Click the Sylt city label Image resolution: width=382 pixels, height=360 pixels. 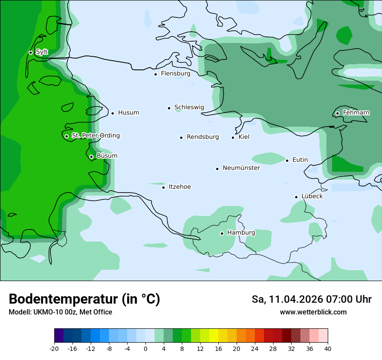42,52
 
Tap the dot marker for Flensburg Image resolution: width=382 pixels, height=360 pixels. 155,74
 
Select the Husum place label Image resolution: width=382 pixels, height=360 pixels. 128,113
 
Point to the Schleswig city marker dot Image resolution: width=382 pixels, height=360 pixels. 169,108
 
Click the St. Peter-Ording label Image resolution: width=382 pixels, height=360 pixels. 95,136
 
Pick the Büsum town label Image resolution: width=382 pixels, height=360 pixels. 107,156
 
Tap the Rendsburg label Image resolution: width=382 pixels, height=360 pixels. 203,137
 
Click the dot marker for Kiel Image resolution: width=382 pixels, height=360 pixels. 233,137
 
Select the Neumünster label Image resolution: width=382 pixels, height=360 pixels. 241,168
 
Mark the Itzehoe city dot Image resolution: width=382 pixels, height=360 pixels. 164,187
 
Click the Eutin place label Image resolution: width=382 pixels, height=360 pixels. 300,160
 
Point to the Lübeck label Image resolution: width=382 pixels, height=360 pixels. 312,196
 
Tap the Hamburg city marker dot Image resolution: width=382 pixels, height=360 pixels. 222,233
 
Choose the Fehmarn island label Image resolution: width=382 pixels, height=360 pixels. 356,113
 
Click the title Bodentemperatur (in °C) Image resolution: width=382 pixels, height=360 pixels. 84,299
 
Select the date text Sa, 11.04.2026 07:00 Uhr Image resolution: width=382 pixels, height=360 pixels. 311,299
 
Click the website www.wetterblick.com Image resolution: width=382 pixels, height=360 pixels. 313,312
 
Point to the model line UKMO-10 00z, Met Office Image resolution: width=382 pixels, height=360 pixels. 60,312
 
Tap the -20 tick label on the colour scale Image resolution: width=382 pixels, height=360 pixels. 54,349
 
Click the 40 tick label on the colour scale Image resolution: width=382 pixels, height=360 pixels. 327,349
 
